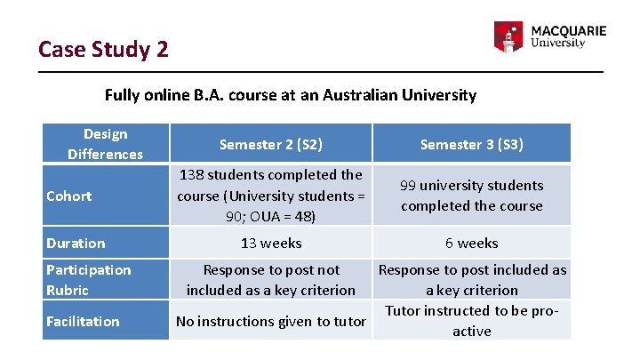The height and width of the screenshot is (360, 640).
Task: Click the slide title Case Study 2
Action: [103, 48]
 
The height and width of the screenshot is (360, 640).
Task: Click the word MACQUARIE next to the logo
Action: [568, 30]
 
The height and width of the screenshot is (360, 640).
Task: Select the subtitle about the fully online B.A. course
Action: [291, 95]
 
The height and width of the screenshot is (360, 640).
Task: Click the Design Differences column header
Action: [105, 144]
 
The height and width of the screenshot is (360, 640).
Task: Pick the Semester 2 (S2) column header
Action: [271, 144]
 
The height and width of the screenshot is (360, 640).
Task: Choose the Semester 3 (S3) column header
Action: [471, 144]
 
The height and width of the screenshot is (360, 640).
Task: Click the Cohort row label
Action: [69, 196]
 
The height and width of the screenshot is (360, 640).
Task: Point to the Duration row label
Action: [76, 243]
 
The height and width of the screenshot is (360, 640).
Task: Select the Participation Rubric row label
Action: [88, 279]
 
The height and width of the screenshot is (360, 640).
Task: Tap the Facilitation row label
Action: [83, 321]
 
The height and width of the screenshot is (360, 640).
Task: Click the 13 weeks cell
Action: [271, 243]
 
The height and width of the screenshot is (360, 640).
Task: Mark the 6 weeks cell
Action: [471, 243]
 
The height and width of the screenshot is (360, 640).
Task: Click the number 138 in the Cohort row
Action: [193, 175]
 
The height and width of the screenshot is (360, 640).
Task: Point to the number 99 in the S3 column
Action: [409, 186]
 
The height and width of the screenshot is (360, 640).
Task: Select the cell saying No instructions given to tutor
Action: [271, 321]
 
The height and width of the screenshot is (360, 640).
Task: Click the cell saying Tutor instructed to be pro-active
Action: [471, 321]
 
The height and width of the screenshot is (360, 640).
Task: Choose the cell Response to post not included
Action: [271, 279]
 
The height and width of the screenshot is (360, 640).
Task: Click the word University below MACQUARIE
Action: [557, 43]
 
